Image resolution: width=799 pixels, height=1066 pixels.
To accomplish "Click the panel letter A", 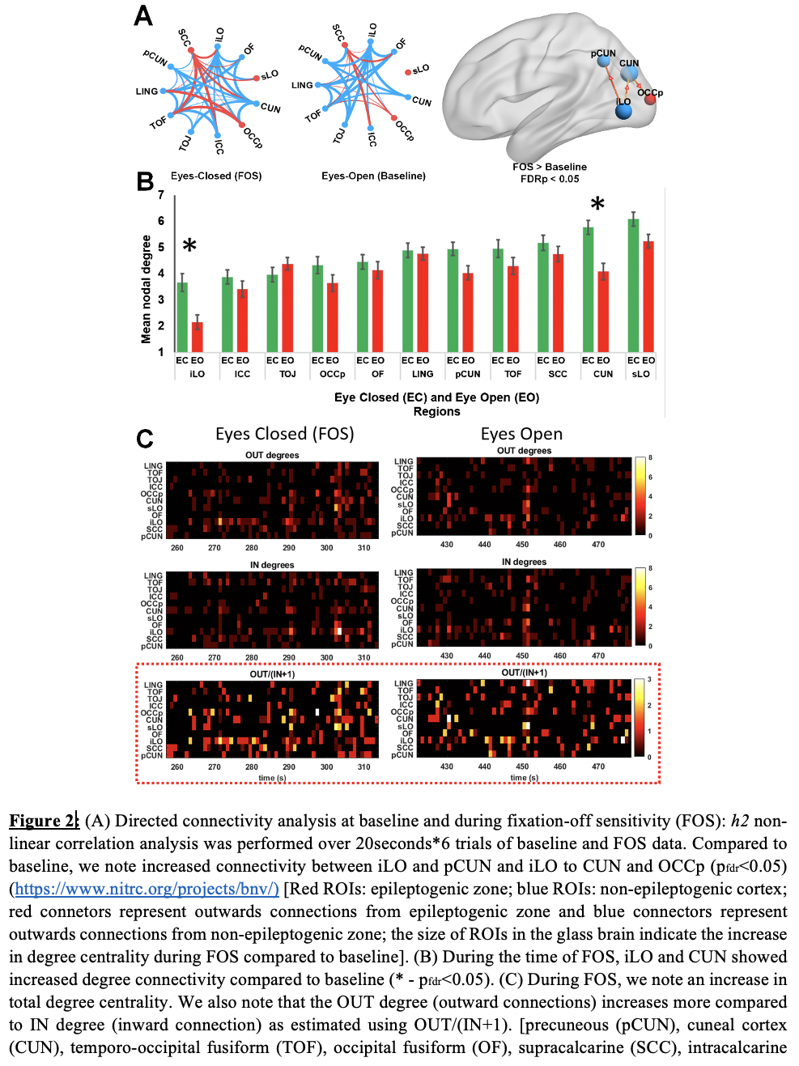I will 143,16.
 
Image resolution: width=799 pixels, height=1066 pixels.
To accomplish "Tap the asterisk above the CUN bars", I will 597,204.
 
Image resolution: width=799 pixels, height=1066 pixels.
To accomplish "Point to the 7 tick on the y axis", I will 161,195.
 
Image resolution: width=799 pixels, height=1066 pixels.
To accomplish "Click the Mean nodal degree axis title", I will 147,289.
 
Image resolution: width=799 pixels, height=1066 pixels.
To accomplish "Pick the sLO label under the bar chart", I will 640,374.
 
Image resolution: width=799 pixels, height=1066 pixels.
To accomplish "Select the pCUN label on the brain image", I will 603,53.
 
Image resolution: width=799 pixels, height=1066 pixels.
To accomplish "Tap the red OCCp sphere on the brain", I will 650,100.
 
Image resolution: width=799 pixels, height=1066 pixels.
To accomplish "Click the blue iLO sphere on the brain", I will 623,111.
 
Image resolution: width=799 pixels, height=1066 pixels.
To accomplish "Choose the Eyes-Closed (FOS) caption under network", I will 216,176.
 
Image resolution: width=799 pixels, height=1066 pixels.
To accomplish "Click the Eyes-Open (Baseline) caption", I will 373,176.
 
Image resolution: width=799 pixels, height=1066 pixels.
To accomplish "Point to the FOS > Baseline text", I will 550,167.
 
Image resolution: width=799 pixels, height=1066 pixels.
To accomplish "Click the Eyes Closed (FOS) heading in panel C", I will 284,434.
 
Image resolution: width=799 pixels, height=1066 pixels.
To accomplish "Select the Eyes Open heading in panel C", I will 521,434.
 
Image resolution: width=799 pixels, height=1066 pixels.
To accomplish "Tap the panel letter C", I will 145,439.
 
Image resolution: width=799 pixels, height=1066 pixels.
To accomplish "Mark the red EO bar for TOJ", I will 287,308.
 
